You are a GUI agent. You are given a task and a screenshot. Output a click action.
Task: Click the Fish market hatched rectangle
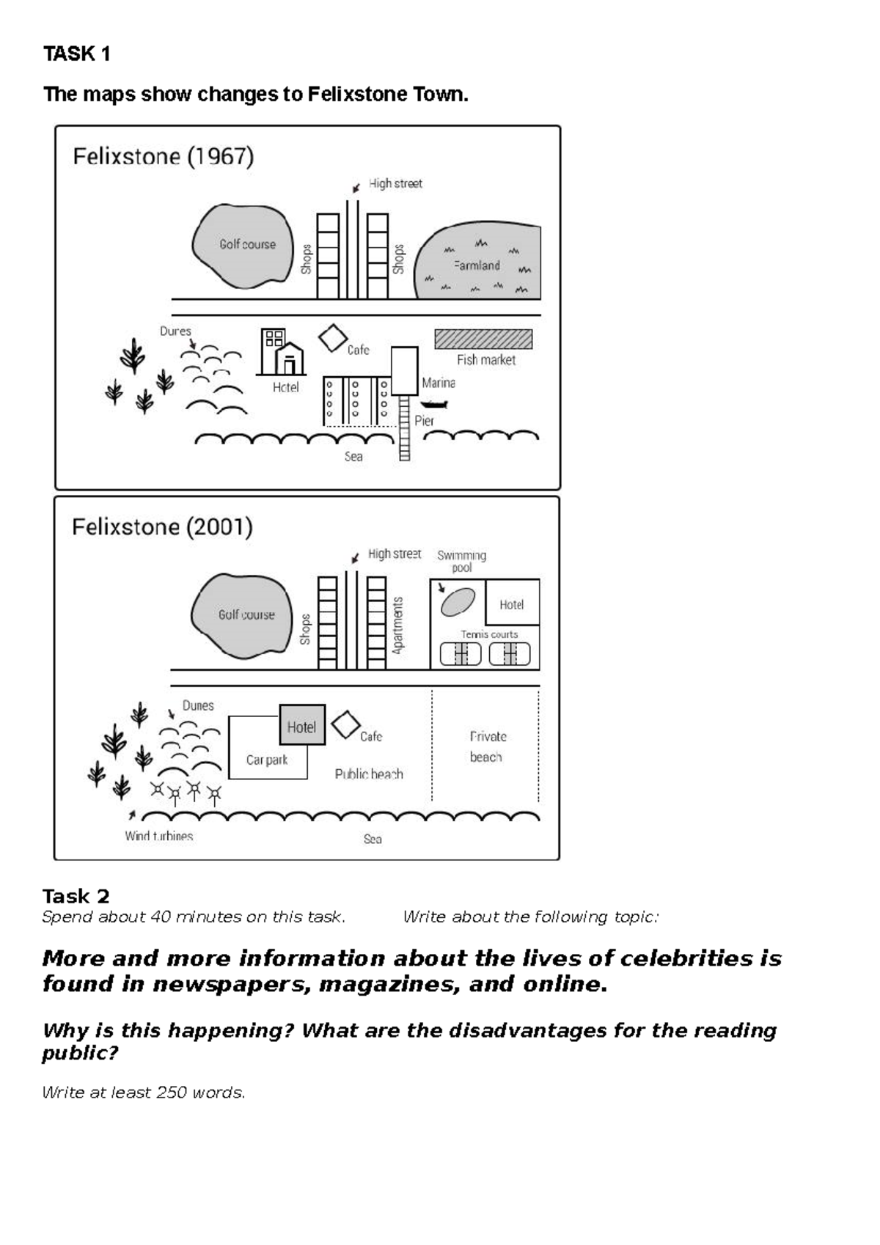tap(483, 339)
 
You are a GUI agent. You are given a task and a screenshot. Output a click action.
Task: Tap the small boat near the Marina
tap(434, 404)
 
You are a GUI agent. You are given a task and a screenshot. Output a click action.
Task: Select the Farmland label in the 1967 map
tap(477, 265)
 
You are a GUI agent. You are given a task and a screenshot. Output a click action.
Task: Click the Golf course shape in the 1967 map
tap(241, 246)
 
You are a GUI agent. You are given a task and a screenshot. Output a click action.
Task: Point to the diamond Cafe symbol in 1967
tap(333, 339)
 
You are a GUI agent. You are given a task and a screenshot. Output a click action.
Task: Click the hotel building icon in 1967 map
tap(281, 353)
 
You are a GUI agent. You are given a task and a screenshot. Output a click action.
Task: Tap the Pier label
tap(424, 421)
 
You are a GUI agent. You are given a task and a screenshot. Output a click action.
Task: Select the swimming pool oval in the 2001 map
tap(458, 602)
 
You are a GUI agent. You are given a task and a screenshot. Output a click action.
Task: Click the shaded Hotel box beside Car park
tap(301, 726)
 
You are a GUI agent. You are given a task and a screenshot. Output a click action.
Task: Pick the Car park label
tap(267, 760)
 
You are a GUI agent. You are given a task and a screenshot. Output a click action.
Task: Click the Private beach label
tap(487, 746)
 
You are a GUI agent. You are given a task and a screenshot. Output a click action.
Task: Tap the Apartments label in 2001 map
tap(398, 625)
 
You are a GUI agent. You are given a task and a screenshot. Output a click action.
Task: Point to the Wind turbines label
tap(158, 836)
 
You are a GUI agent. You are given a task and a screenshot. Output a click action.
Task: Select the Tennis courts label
tap(489, 634)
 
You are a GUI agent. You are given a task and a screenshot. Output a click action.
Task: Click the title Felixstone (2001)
tap(162, 527)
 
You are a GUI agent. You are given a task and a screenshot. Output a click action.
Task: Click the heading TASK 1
tap(77, 54)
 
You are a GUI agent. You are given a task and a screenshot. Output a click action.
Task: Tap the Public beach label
tap(369, 774)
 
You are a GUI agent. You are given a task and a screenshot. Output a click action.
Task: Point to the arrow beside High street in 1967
tap(356, 188)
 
